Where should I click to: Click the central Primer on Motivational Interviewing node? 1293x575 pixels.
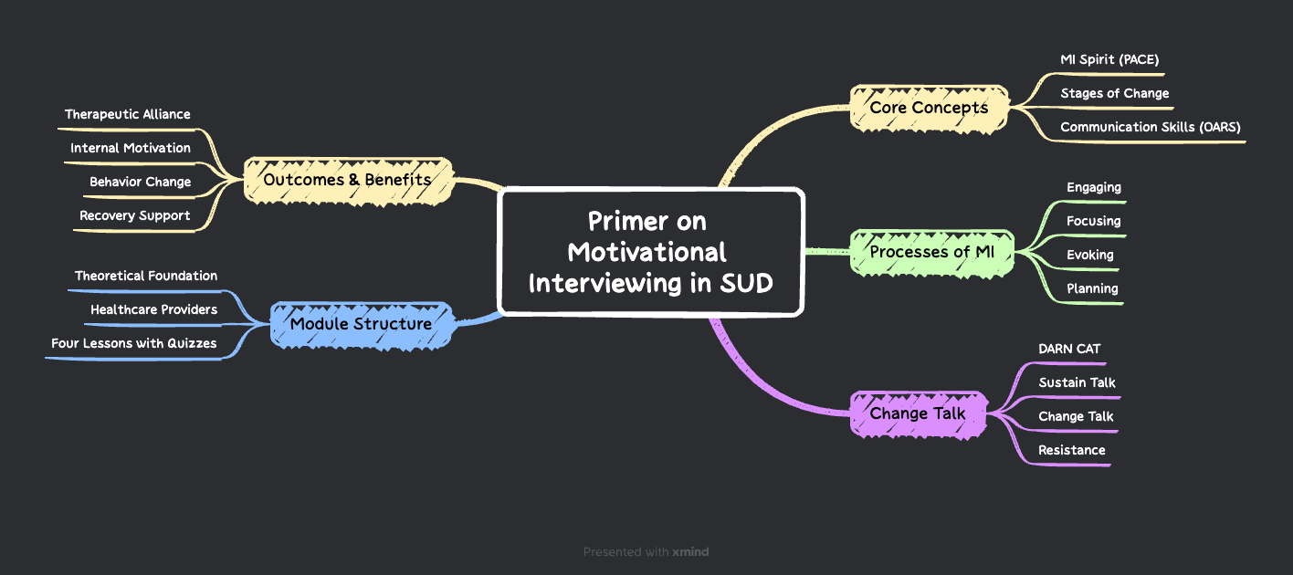click(x=650, y=252)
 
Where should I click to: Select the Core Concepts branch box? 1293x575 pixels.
click(x=929, y=108)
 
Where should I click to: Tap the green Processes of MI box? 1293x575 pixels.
click(x=931, y=252)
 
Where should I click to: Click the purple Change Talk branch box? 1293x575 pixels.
click(x=917, y=413)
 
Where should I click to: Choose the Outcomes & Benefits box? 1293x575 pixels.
click(x=347, y=179)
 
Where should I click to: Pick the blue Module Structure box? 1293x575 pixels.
click(x=361, y=324)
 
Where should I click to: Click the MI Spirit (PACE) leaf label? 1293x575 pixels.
click(x=1109, y=59)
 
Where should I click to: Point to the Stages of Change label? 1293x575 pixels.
click(x=1114, y=93)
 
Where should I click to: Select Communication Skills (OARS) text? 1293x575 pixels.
click(x=1150, y=127)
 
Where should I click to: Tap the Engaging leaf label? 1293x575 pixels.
click(x=1093, y=187)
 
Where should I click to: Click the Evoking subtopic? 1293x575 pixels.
click(x=1089, y=255)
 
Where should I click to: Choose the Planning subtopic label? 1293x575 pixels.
click(x=1092, y=288)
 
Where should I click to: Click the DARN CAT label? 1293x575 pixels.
click(x=1069, y=349)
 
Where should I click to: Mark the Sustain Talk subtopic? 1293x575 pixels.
click(x=1077, y=382)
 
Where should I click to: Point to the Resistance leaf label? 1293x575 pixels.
click(x=1071, y=450)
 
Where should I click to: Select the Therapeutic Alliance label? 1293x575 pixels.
click(x=128, y=114)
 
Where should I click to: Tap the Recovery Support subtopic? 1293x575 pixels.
click(x=134, y=215)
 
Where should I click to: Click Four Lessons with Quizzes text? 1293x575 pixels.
click(x=134, y=343)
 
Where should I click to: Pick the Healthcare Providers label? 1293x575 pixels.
click(x=153, y=309)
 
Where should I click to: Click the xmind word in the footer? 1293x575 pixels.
click(x=690, y=551)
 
